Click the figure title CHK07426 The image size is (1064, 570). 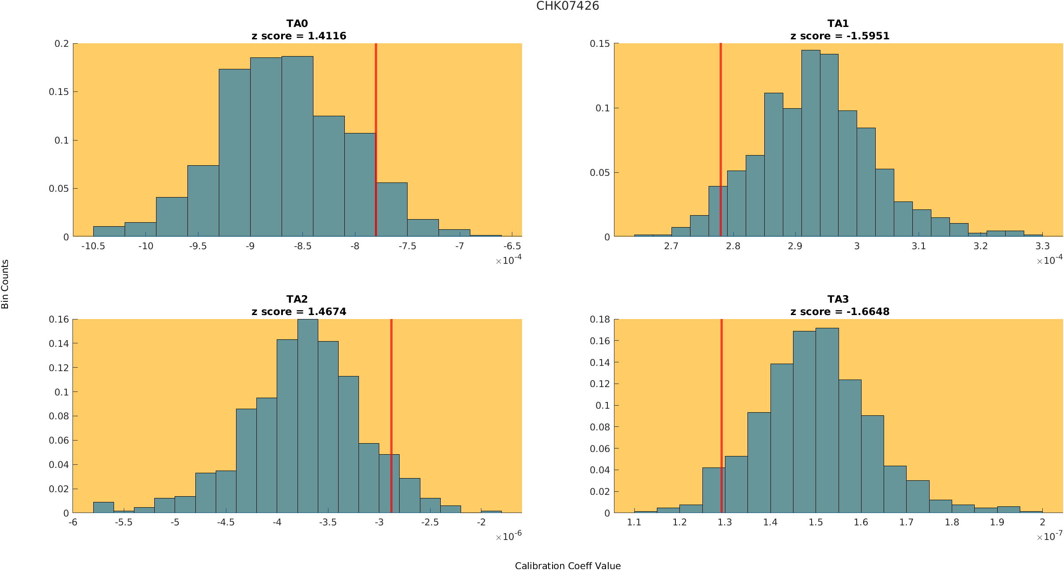pyautogui.click(x=568, y=6)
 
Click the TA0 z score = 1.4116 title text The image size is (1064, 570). pyautogui.click(x=299, y=36)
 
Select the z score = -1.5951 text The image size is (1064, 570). pyautogui.click(x=839, y=36)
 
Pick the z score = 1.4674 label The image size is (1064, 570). pyautogui.click(x=299, y=312)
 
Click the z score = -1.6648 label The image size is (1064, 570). pyautogui.click(x=839, y=312)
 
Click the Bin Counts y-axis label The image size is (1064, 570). pyautogui.click(x=5, y=284)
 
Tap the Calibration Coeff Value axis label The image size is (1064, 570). pyautogui.click(x=568, y=566)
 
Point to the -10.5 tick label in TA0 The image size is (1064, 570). pyautogui.click(x=93, y=246)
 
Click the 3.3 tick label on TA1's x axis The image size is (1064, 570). pyautogui.click(x=1042, y=246)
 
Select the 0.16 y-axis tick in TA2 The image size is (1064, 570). pyautogui.click(x=59, y=319)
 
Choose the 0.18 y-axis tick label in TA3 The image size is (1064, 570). pyautogui.click(x=600, y=319)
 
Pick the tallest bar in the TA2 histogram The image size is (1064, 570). pyautogui.click(x=308, y=415)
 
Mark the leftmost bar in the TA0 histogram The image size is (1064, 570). pyautogui.click(x=109, y=232)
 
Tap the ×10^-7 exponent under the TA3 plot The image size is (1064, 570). pyautogui.click(x=1049, y=536)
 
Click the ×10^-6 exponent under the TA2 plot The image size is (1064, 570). pyautogui.click(x=508, y=536)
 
